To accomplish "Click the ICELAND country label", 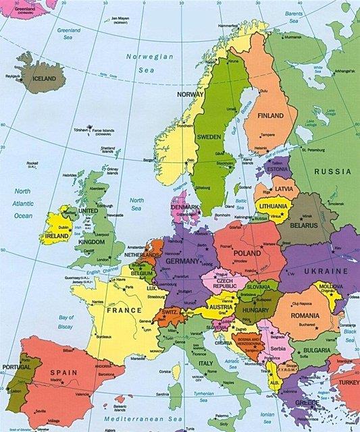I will coord(41,78).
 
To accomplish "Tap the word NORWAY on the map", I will coord(190,94).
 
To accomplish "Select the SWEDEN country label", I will coord(209,136).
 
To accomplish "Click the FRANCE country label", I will coord(124,310).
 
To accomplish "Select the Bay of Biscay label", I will coord(66,321).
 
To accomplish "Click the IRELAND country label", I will coord(56,236).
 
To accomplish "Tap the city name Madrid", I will coord(57,380).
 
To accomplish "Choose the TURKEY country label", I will coord(349,381).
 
